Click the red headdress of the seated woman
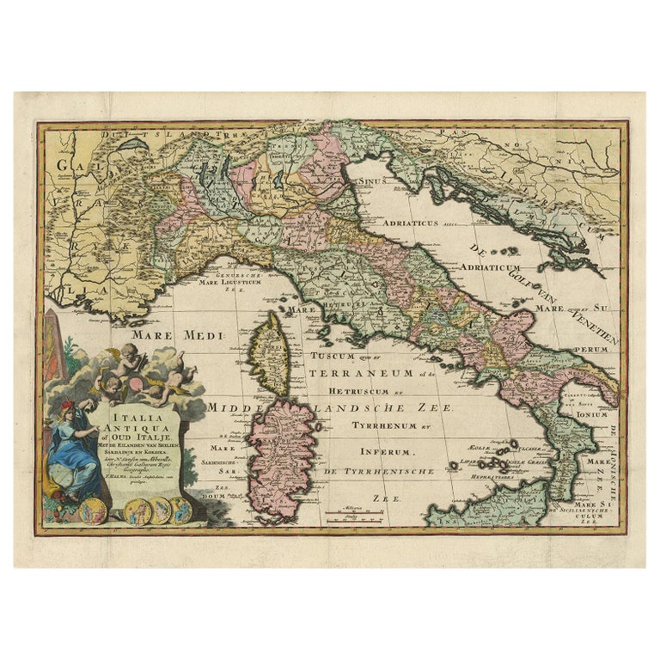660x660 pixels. coord(67,406)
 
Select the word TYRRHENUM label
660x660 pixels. coord(384,425)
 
